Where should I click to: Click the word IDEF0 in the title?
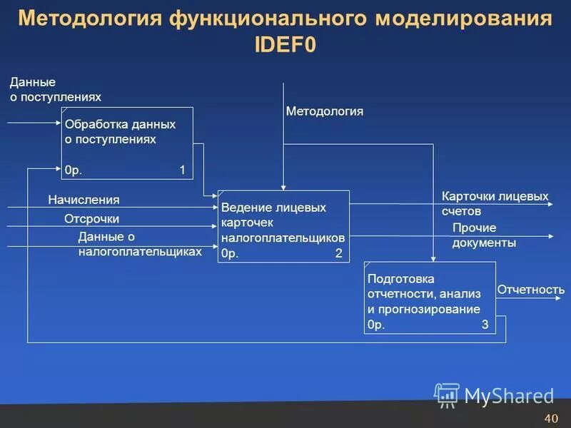coord(285,44)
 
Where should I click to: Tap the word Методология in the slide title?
coord(85,19)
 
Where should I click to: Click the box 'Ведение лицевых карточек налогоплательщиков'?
coord(283,226)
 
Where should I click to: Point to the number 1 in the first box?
coord(182,170)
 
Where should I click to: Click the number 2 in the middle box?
coord(338,253)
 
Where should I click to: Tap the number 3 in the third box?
coord(485,325)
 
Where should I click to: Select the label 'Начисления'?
coord(84,200)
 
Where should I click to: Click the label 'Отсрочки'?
coord(91,219)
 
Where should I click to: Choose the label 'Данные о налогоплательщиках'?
coord(140,244)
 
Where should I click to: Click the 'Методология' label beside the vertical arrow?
coord(325,111)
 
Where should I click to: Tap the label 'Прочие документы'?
coord(484,235)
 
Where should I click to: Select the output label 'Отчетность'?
coord(530,290)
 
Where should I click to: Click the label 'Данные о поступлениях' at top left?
coord(55,90)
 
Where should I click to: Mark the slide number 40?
coord(550,418)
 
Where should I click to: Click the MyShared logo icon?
coord(448,394)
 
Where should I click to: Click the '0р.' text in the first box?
coord(74,170)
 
